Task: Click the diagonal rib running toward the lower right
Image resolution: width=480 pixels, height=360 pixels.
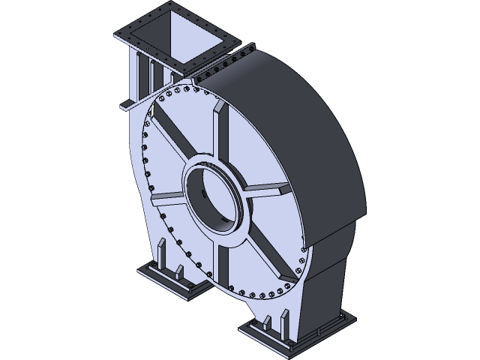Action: [266, 251]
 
